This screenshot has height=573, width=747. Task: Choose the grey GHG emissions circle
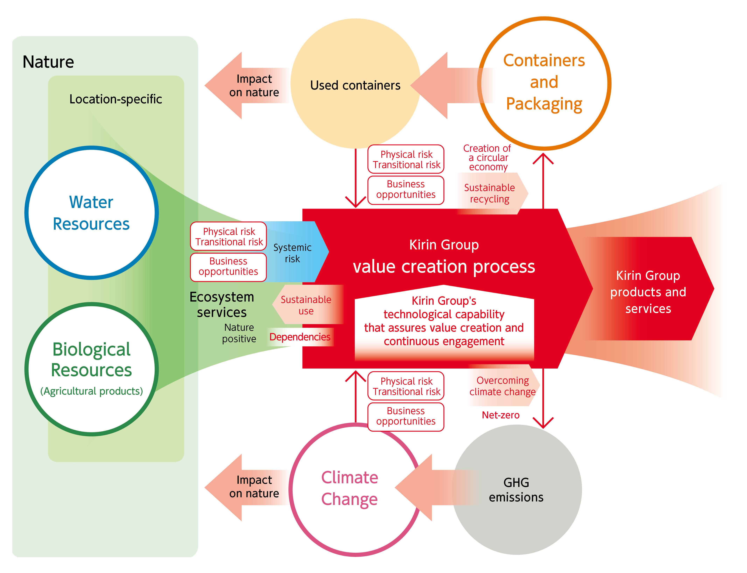pyautogui.click(x=516, y=489)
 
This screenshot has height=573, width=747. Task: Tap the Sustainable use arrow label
pyautogui.click(x=306, y=305)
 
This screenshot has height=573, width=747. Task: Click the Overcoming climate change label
pyautogui.click(x=502, y=386)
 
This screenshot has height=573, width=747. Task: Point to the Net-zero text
pyautogui.click(x=500, y=415)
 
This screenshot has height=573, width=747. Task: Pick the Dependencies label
pyautogui.click(x=300, y=337)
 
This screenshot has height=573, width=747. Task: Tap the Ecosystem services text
pyautogui.click(x=222, y=305)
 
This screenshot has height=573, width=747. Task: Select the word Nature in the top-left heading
pyautogui.click(x=48, y=62)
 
